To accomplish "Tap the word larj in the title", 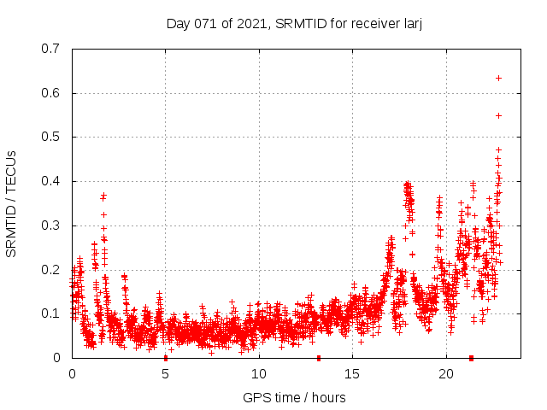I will [x=411, y=24].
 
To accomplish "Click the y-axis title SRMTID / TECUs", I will [x=12, y=202].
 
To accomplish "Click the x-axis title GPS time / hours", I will [x=294, y=397].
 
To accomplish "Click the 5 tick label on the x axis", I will [x=166, y=374].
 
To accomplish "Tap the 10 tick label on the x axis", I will [x=259, y=374].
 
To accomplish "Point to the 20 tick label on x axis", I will [x=446, y=374].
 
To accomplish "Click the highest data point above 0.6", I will [x=498, y=78].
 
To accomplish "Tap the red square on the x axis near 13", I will [x=319, y=358].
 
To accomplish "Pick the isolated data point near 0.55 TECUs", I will [x=498, y=115].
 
